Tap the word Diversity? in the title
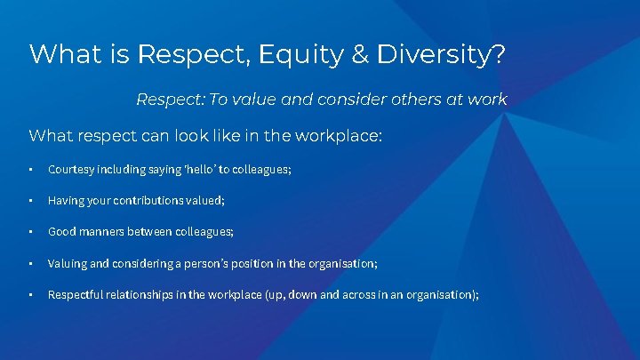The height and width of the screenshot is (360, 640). [x=441, y=54]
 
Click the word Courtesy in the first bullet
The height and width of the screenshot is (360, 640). [x=70, y=169]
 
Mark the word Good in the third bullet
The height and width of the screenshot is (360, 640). [x=61, y=232]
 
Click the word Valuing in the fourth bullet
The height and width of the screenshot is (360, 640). [x=67, y=264]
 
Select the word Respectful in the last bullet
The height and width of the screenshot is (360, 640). [x=76, y=295]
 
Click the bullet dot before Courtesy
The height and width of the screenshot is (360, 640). [x=30, y=169]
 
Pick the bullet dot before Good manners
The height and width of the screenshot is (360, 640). [x=30, y=232]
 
